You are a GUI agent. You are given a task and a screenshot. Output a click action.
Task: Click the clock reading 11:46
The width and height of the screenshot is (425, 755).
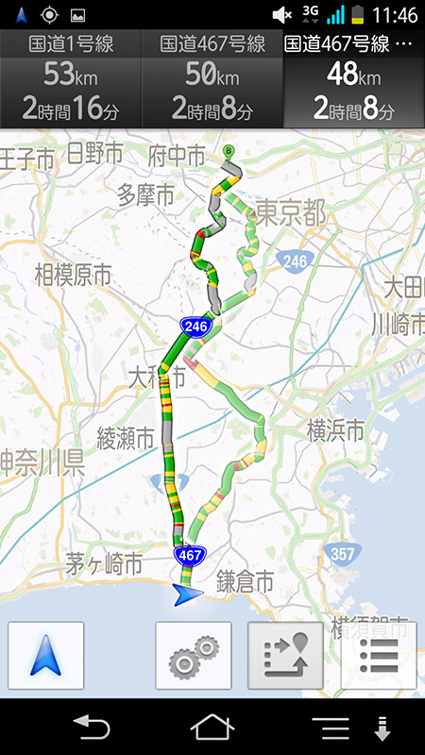click(x=394, y=15)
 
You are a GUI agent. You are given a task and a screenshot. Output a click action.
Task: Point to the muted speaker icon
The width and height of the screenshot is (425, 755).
click(x=281, y=15)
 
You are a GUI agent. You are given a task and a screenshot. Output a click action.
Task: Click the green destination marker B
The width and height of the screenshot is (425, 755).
click(x=227, y=149)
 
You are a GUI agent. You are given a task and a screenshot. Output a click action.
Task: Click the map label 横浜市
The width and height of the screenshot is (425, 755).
click(x=335, y=430)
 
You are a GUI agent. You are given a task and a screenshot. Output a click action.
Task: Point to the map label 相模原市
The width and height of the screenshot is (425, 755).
click(x=73, y=276)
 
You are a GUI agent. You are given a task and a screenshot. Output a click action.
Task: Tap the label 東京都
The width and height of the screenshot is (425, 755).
click(x=290, y=213)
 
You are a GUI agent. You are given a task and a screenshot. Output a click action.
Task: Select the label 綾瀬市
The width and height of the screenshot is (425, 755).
click(x=126, y=438)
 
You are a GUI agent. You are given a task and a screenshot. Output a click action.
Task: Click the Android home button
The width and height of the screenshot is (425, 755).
click(x=212, y=728)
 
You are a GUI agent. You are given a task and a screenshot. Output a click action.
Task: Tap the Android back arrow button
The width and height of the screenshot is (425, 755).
click(x=93, y=728)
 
